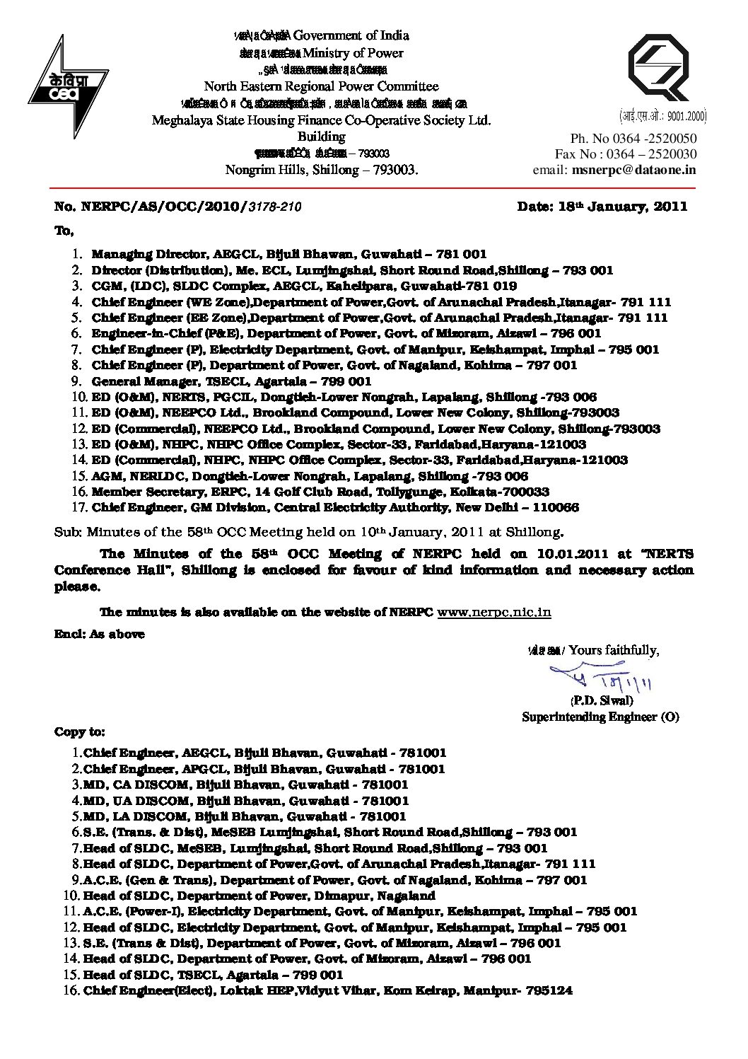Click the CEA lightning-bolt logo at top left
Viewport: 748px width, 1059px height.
click(x=67, y=85)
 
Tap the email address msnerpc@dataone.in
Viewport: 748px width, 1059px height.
click(x=634, y=170)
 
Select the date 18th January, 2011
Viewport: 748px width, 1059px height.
click(x=602, y=207)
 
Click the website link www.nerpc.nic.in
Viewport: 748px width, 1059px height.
click(x=494, y=613)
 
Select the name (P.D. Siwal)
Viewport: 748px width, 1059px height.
click(x=601, y=701)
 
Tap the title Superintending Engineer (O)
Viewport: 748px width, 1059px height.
click(x=600, y=717)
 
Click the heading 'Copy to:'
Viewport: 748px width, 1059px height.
click(x=80, y=732)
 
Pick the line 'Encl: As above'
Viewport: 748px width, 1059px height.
click(x=100, y=634)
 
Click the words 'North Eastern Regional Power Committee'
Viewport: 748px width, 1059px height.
click(x=321, y=86)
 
